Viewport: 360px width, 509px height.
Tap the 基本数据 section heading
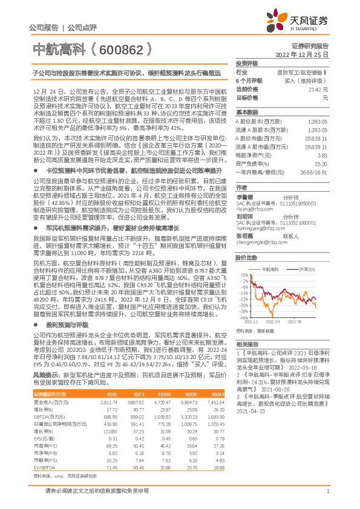[246, 112]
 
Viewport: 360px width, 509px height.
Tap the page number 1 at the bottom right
[327, 497]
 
